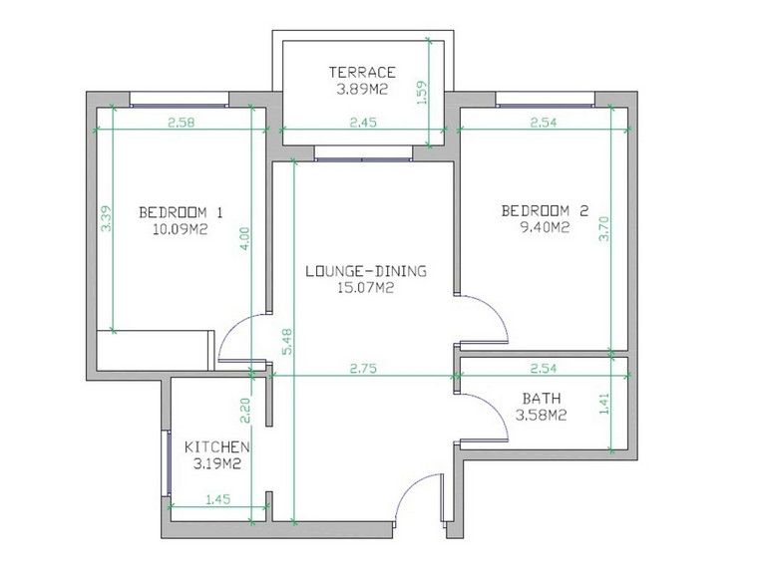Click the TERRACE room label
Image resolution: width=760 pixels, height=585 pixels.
pyautogui.click(x=363, y=73)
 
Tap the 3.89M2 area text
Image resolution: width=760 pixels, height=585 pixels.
pyautogui.click(x=363, y=90)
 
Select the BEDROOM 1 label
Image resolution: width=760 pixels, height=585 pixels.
pyautogui.click(x=181, y=212)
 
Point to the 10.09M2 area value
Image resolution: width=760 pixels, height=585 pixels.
pyautogui.click(x=181, y=229)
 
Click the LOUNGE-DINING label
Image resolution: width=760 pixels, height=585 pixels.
pyautogui.click(x=366, y=271)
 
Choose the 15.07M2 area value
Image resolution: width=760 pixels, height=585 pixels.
pyautogui.click(x=366, y=288)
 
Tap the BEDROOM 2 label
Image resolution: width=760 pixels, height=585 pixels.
pyautogui.click(x=545, y=211)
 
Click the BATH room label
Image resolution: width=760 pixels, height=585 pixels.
pyautogui.click(x=542, y=399)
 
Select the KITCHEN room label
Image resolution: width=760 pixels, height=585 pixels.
pyautogui.click(x=217, y=447)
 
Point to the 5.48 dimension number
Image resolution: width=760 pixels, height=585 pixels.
pyautogui.click(x=287, y=342)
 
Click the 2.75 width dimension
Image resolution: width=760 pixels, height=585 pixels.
pyautogui.click(x=363, y=369)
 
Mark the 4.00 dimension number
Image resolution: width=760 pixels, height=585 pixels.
pyautogui.click(x=245, y=239)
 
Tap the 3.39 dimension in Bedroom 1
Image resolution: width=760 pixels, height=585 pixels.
pyautogui.click(x=106, y=219)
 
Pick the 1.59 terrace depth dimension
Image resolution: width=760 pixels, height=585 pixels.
pyautogui.click(x=422, y=92)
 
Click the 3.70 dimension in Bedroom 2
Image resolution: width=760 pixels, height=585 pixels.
pyautogui.click(x=604, y=228)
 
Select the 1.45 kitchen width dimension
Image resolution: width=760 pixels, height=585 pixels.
pyautogui.click(x=218, y=499)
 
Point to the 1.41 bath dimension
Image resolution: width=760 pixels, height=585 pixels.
pyautogui.click(x=604, y=404)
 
